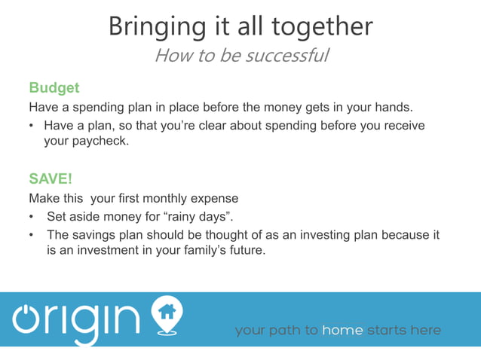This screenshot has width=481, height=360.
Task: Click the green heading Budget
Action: tap(54, 88)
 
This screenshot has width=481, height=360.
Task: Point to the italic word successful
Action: tap(284, 56)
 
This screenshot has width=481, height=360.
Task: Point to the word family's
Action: tap(198, 250)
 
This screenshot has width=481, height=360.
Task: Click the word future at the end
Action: tap(245, 250)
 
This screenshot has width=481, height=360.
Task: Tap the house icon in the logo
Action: tap(167, 311)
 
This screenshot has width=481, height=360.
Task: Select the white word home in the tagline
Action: tap(342, 331)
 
